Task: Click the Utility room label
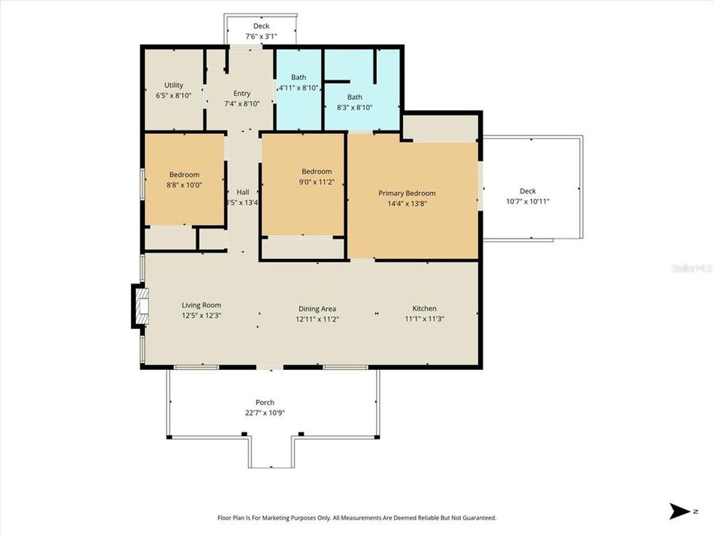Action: pyautogui.click(x=173, y=86)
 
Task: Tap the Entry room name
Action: pyautogui.click(x=242, y=93)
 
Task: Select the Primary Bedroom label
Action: pyautogui.click(x=407, y=193)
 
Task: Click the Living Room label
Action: pyautogui.click(x=202, y=305)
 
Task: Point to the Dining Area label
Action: pyautogui.click(x=318, y=309)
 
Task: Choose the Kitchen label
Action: pyautogui.click(x=425, y=308)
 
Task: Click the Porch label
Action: pyautogui.click(x=266, y=403)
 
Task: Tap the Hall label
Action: pyautogui.click(x=242, y=191)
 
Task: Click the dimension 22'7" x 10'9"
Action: pyautogui.click(x=266, y=413)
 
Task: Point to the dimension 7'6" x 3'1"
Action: pyautogui.click(x=261, y=36)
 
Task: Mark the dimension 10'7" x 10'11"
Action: pyautogui.click(x=527, y=202)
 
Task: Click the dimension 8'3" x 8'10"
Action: pyautogui.click(x=355, y=107)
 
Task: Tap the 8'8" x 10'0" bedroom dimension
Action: pyautogui.click(x=184, y=185)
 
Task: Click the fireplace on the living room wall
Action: pyautogui.click(x=140, y=305)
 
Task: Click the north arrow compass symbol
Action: pyautogui.click(x=681, y=511)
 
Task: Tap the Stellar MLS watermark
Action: pyautogui.click(x=691, y=267)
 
